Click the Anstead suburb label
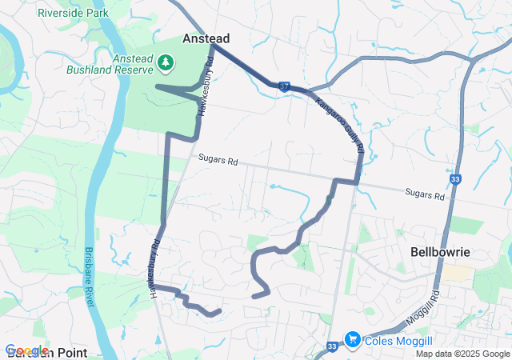click(206, 38)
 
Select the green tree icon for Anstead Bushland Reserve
click(166, 62)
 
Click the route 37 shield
click(284, 85)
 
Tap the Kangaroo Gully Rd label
click(340, 123)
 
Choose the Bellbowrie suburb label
click(439, 251)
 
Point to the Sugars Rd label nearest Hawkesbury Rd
click(222, 161)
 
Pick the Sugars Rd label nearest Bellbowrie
click(425, 194)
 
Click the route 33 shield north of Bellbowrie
click(455, 180)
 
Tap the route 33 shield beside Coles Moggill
click(331, 346)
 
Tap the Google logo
click(27, 350)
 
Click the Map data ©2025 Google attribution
click(462, 354)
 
